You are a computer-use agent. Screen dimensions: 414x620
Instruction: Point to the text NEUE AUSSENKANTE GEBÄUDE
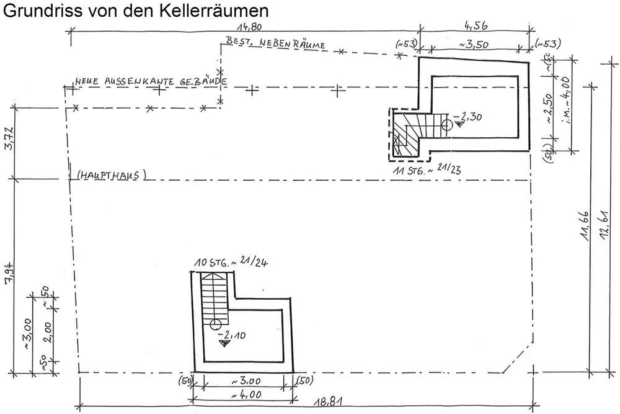151,81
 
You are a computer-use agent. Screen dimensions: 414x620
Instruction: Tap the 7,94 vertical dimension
8,272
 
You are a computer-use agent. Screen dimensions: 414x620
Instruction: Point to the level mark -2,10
233,336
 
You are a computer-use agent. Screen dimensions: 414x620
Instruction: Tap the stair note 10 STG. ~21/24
230,263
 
